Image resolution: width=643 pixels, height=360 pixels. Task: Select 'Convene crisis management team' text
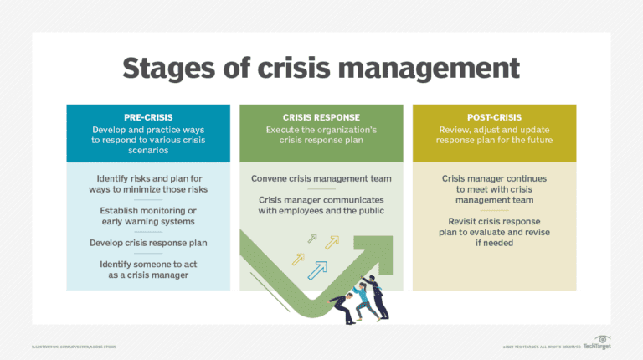tap(321, 178)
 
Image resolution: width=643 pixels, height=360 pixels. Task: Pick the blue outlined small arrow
tap(316, 270)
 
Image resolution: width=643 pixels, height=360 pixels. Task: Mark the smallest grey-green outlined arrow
tap(311, 239)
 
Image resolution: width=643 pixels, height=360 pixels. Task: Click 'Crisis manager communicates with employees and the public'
tap(321, 205)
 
